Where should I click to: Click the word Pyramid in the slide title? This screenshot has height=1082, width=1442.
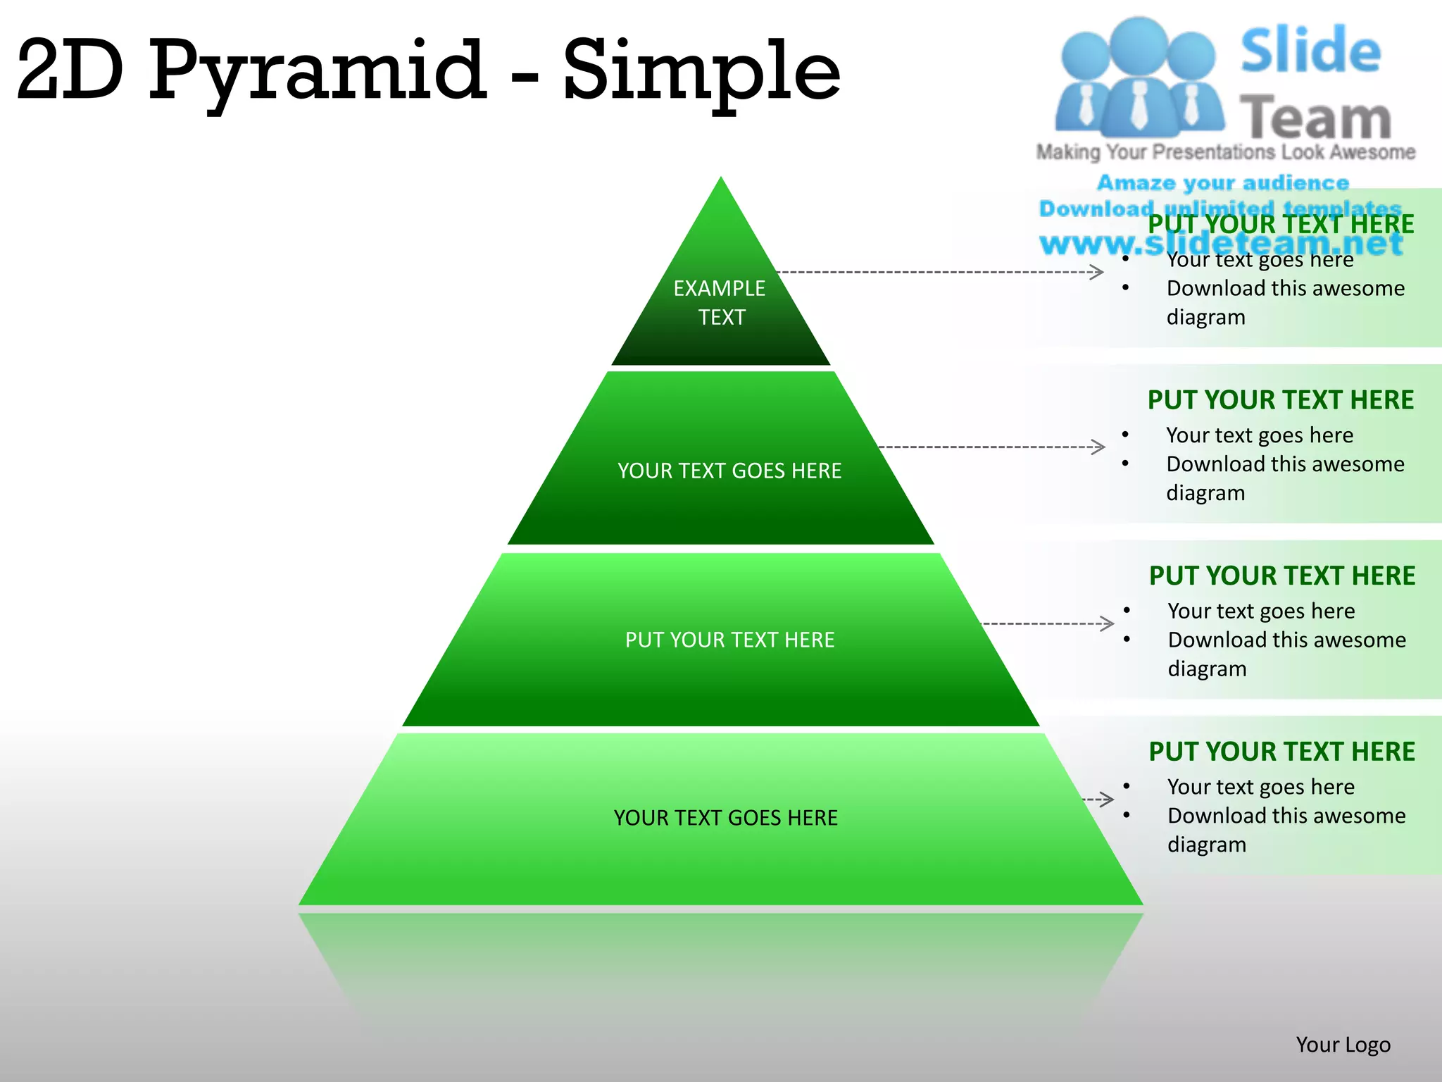(317, 70)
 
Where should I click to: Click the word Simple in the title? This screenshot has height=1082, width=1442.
(701, 70)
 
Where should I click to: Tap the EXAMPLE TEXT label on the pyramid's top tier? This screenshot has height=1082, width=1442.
(720, 302)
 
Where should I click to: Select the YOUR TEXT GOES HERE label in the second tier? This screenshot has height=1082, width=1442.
(729, 471)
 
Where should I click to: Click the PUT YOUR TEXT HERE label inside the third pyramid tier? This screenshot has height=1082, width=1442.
(729, 640)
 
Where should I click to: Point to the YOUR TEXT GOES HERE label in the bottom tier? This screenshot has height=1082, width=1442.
(725, 818)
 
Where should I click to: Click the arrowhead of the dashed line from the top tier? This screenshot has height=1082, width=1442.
(1097, 272)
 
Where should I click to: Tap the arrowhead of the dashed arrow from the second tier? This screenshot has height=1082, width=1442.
(1098, 447)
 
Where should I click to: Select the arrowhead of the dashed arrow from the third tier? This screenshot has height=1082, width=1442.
(1107, 623)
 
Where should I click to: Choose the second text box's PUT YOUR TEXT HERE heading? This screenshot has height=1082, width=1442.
(1280, 400)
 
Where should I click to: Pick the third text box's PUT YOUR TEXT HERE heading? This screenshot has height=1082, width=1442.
(1281, 576)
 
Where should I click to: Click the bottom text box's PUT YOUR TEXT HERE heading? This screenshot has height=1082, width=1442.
(1281, 752)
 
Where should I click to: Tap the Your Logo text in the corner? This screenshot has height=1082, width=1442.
(1343, 1045)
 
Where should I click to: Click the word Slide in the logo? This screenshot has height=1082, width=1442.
(1310, 51)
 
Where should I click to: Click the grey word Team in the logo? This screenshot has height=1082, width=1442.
(1315, 117)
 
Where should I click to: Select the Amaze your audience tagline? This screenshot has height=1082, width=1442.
(1223, 183)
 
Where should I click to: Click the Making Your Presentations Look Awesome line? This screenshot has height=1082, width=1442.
(1225, 152)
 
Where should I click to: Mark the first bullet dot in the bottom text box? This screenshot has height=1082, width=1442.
(1127, 786)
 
